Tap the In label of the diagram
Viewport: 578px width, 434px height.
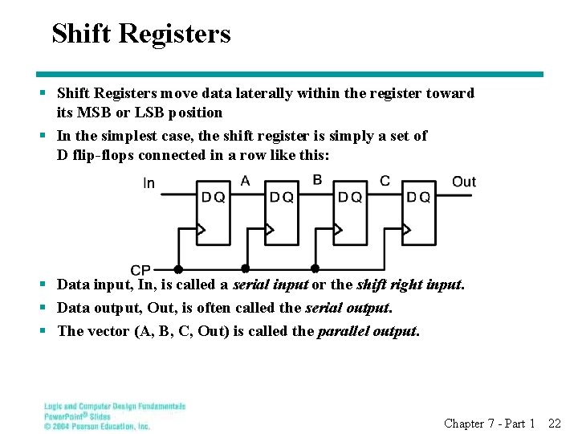(x=149, y=183)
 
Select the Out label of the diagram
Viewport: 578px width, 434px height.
(x=464, y=182)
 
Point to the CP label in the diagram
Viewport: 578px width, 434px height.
(x=140, y=270)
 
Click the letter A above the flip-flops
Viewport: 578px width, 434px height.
(x=245, y=180)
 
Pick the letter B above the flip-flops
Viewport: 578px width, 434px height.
(x=317, y=179)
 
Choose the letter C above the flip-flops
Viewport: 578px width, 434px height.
(x=385, y=180)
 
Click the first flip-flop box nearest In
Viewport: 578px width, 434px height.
(x=213, y=212)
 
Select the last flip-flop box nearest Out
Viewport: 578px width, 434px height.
(x=417, y=212)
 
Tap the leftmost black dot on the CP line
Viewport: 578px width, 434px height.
(x=178, y=268)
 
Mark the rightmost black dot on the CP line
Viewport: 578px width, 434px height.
(x=315, y=268)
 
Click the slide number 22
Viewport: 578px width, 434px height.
(x=554, y=424)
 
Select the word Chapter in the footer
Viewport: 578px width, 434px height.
(x=464, y=424)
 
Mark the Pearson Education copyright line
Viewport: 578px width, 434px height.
(x=97, y=426)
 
